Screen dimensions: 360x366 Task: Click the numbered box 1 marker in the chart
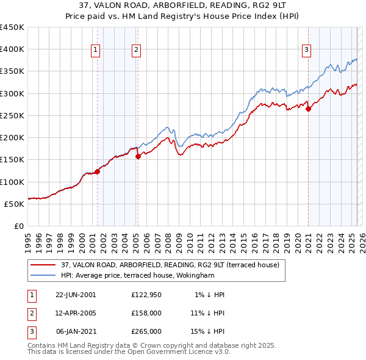coord(96,51)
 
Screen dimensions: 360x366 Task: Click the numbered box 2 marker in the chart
coord(137,51)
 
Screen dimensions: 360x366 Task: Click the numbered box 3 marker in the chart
coord(306,51)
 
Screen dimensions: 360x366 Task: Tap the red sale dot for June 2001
coord(97,171)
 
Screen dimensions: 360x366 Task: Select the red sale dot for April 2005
coord(138,156)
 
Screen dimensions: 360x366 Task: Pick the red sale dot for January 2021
coord(308,109)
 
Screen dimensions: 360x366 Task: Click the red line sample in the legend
coord(43,265)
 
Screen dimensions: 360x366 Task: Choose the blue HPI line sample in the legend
coord(43,275)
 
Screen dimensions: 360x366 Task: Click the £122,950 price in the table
coord(146,295)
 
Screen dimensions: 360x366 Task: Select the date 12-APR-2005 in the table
coord(76,313)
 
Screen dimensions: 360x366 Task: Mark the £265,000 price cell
coord(146,331)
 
